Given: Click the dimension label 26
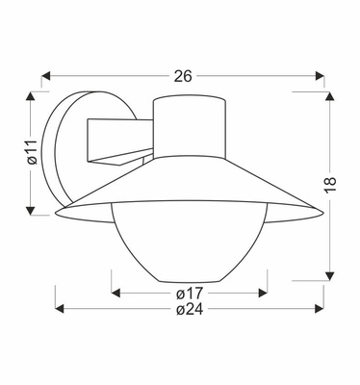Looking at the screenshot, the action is pyautogui.click(x=183, y=76).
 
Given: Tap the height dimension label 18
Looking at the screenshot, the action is pyautogui.click(x=330, y=185).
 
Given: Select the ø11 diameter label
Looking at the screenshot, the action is pyautogui.click(x=32, y=152).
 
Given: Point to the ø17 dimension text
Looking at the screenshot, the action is pyautogui.click(x=190, y=293).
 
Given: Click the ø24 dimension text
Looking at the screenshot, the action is pyautogui.click(x=190, y=309).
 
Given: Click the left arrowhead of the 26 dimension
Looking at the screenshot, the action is pyautogui.click(x=46, y=76).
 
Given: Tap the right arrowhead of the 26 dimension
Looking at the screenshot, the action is pyautogui.click(x=320, y=76).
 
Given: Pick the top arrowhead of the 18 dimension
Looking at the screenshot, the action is pyautogui.click(x=330, y=96).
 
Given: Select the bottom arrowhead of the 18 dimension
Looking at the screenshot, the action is pyautogui.click(x=330, y=276).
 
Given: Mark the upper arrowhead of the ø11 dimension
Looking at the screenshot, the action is pyautogui.click(x=31, y=96).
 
